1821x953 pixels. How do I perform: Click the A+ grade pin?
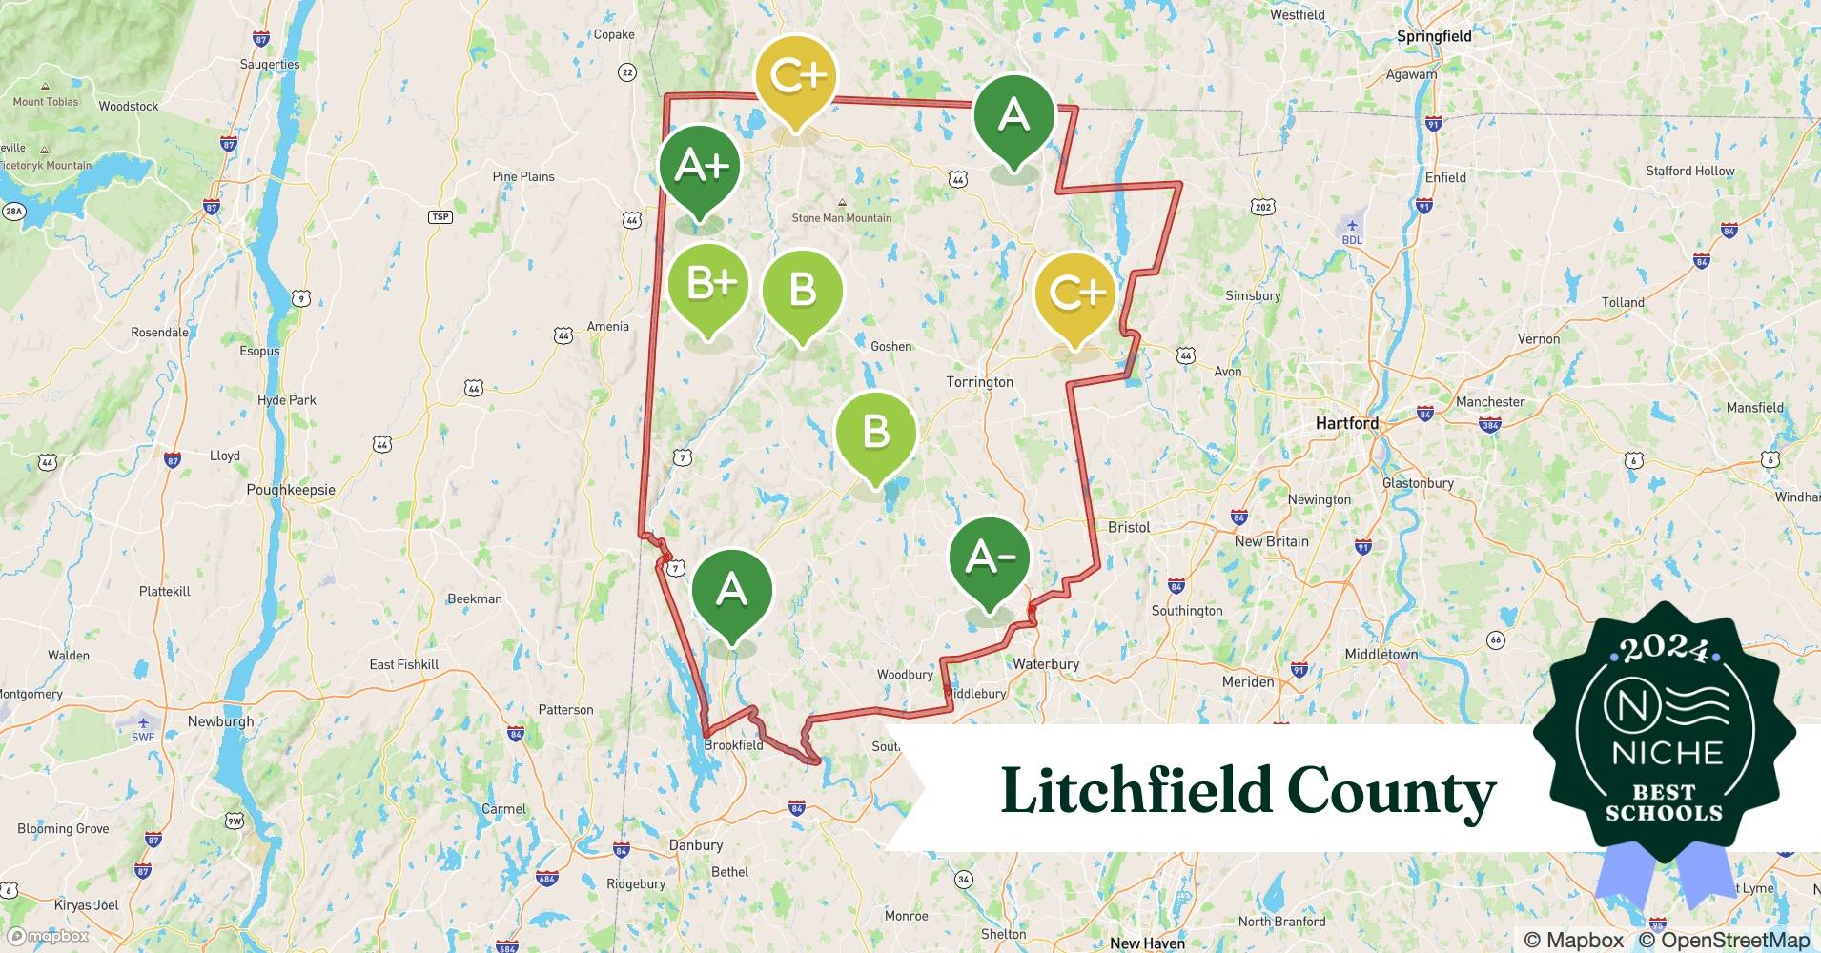(699, 167)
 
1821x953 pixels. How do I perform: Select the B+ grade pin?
(707, 284)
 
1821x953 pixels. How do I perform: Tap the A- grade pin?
(990, 558)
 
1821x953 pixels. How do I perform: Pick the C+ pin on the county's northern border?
(795, 76)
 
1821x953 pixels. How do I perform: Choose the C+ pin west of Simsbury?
(1074, 293)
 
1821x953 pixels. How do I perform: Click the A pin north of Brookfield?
(731, 591)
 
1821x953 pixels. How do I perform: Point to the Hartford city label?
(1346, 423)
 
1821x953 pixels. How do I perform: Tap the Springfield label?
(1433, 36)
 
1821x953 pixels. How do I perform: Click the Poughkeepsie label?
(291, 490)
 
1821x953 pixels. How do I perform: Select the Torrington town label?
(979, 382)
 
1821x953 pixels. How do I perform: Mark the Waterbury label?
(1046, 664)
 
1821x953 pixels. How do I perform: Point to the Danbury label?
(695, 845)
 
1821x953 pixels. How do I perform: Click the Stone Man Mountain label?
(842, 218)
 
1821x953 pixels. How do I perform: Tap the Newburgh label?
(220, 721)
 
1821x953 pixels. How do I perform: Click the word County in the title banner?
(1391, 791)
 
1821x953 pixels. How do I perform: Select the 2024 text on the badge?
(1664, 648)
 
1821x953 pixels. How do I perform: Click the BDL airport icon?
(1352, 227)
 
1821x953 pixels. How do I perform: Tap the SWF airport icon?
(143, 723)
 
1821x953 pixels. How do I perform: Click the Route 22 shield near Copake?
(627, 72)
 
